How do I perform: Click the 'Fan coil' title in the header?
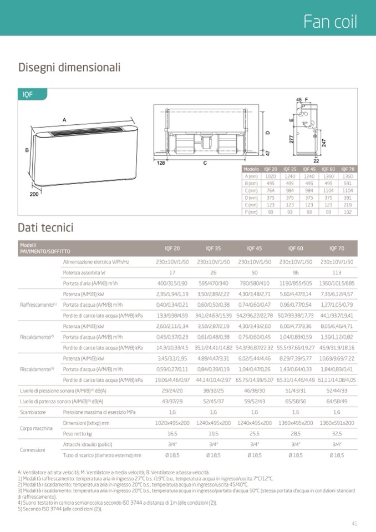330,22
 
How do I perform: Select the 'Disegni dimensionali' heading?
69,68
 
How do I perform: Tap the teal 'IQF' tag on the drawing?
28,95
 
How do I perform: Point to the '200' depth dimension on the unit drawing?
35,195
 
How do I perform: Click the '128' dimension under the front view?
161,163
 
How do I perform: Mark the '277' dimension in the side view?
292,139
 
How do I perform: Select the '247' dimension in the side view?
323,143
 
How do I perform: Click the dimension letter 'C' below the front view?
205,163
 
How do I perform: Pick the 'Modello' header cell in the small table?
251,169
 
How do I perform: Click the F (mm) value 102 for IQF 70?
347,212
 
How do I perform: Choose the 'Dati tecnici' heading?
45,228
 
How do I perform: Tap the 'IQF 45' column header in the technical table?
255,248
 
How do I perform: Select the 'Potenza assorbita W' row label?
84,272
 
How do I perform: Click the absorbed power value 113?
337,272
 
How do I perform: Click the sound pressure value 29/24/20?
172,391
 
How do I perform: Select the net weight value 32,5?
337,433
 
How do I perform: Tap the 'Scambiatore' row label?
33,412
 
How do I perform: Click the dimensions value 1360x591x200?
337,423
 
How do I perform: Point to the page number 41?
354,522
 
